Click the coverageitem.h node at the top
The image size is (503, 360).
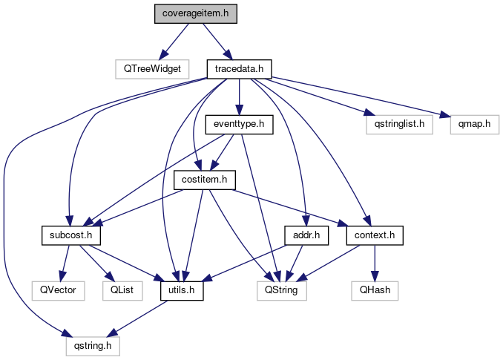click(x=197, y=14)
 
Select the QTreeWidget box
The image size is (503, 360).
click(x=153, y=69)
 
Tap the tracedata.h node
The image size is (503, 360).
click(x=240, y=69)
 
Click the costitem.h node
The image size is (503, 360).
click(x=204, y=180)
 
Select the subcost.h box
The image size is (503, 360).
click(x=70, y=236)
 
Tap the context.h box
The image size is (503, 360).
click(x=375, y=236)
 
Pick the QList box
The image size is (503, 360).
click(x=122, y=291)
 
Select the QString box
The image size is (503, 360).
click(x=281, y=291)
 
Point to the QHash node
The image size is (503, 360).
click(x=375, y=291)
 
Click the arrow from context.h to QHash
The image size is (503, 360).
click(x=375, y=264)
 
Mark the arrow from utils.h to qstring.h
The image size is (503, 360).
click(x=138, y=318)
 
